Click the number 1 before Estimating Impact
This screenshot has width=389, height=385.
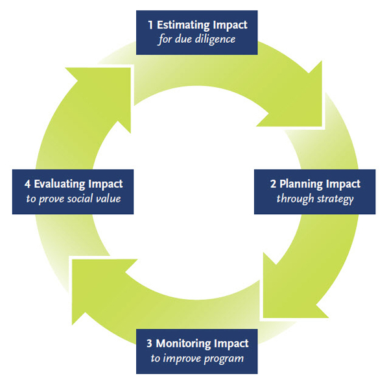coord(150,25)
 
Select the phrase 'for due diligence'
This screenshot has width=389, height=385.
coord(196,39)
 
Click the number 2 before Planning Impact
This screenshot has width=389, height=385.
coord(273,184)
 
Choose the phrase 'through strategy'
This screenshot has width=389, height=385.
coord(315,199)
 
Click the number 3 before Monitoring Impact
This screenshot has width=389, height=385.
coord(149,343)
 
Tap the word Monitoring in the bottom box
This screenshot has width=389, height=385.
coord(183,344)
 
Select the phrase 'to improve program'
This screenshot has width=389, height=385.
coord(197,358)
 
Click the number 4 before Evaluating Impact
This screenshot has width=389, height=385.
coord(27,184)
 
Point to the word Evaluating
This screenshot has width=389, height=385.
coord(60,184)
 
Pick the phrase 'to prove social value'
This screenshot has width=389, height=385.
coord(73,199)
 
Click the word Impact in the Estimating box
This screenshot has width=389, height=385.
coord(230,25)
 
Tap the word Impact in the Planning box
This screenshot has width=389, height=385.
coord(343,184)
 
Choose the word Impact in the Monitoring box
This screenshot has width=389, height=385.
coord(231,344)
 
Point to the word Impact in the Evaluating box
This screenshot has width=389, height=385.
coord(106,184)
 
